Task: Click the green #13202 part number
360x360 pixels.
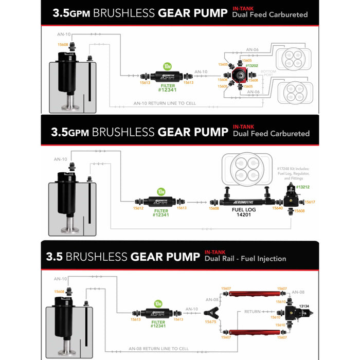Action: click(x=251, y=66)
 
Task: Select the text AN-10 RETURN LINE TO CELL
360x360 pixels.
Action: click(x=165, y=103)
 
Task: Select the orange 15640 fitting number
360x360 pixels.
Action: click(x=277, y=209)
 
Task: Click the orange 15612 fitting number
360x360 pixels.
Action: click(x=137, y=208)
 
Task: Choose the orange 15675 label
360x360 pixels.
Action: click(x=210, y=322)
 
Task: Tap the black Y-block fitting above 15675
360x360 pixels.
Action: click(x=211, y=310)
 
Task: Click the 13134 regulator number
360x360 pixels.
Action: click(x=307, y=307)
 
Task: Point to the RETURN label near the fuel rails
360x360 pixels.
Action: click(x=253, y=311)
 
